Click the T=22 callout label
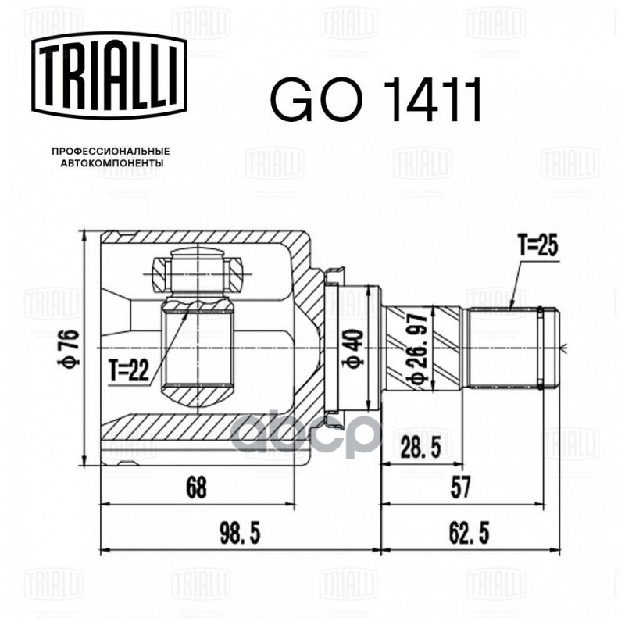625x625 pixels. [129, 371]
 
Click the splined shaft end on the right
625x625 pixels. [512, 347]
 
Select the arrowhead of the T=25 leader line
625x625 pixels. [509, 310]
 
